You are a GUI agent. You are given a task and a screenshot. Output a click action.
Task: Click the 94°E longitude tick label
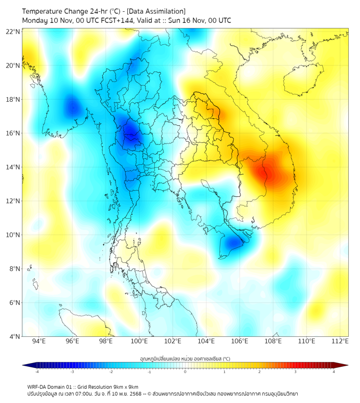(39, 342)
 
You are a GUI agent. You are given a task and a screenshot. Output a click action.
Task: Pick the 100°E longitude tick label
(140, 342)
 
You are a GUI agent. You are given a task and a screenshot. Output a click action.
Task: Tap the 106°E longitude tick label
(240, 342)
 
